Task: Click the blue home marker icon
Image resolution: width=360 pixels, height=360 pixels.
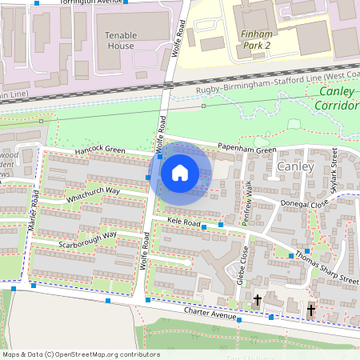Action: [180, 172]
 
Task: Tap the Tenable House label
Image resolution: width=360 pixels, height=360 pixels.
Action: [120, 40]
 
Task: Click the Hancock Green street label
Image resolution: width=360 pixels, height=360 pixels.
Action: [101, 150]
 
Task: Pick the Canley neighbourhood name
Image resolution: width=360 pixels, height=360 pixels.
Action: [298, 166]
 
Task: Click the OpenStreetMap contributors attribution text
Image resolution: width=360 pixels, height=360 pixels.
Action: [81, 354]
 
